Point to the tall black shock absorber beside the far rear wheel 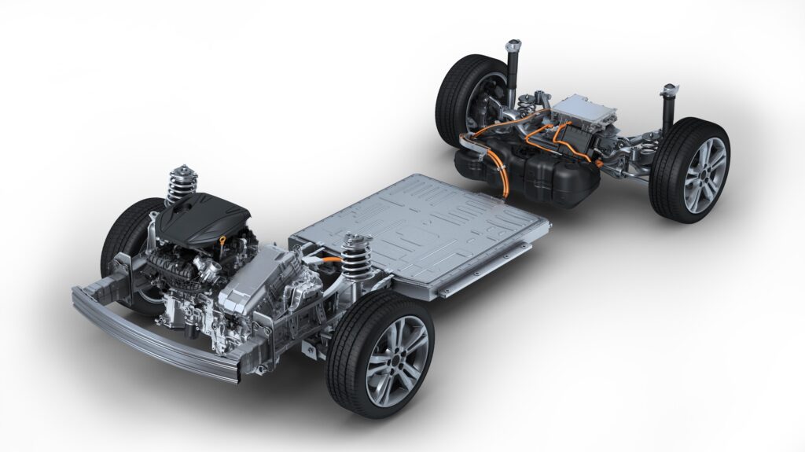tap(515, 67)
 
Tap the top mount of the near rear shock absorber tap(670, 89)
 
